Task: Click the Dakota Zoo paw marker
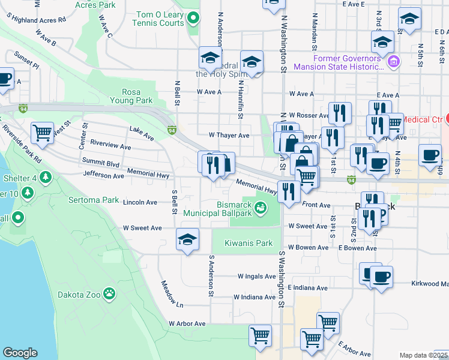(109, 293)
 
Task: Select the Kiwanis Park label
(249, 243)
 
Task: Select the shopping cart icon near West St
(42, 133)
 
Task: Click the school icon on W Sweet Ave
(187, 239)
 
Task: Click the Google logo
(20, 353)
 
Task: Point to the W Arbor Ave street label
(187, 323)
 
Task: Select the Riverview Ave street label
(110, 146)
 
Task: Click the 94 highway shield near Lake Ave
(172, 129)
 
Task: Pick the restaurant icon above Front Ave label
(289, 191)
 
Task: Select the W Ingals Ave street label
(256, 277)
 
